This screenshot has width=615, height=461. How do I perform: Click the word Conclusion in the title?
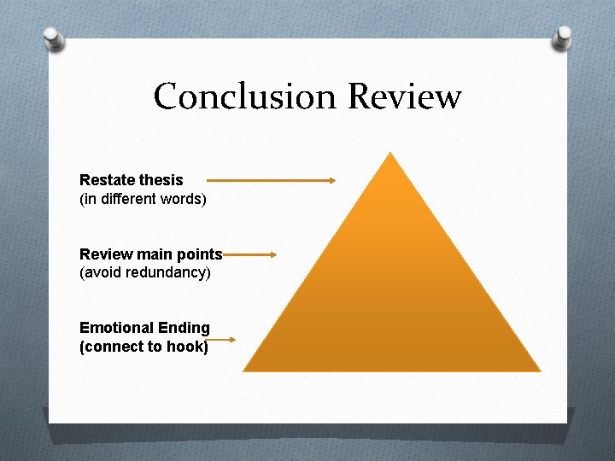246,96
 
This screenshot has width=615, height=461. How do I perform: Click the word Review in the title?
405,96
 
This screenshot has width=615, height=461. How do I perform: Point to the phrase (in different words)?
143,199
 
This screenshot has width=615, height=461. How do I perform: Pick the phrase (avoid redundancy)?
144,273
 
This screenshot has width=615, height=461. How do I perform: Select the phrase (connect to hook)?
143,347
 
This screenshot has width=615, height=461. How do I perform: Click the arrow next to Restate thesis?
271,180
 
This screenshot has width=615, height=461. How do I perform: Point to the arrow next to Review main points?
249,254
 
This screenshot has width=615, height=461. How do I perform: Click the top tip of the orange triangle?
390,154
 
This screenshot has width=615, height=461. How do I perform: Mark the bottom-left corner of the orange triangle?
244,370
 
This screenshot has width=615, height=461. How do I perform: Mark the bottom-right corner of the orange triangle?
539,370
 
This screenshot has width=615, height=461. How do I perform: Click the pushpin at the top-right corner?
565,36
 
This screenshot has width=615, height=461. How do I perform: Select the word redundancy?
169,273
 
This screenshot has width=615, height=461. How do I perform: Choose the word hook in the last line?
189,347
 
